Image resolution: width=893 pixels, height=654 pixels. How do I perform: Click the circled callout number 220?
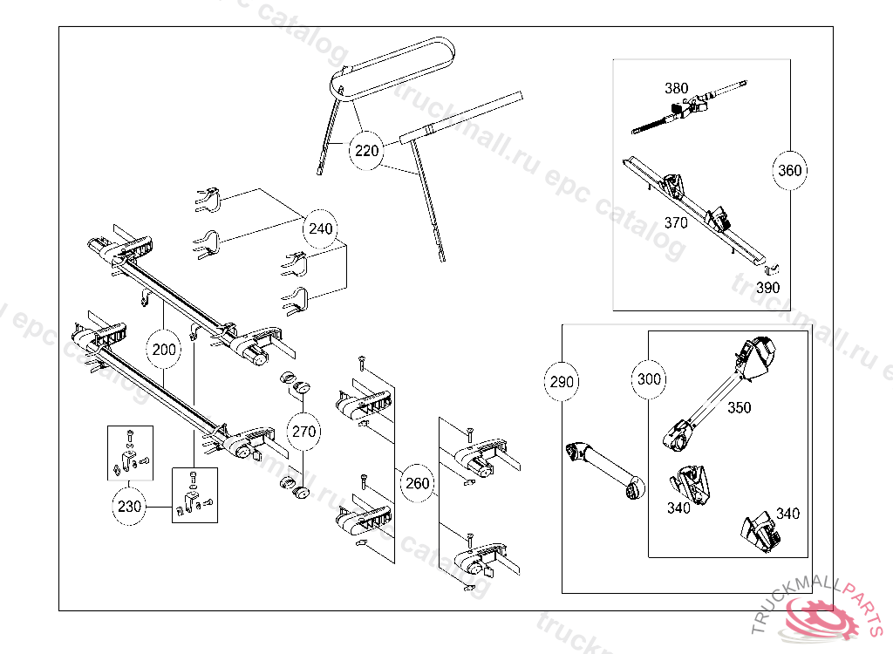point(367,151)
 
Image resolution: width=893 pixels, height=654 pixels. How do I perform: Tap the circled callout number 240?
point(321,229)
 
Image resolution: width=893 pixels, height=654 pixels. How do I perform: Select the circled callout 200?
point(164,351)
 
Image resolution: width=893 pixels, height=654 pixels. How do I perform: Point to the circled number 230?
point(129,507)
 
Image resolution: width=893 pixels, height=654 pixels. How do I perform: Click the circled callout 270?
point(303,431)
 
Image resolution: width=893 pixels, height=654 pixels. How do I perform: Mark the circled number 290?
point(562,381)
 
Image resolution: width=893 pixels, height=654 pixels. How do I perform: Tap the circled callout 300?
point(650,379)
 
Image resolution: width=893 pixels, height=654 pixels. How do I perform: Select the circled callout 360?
point(789,171)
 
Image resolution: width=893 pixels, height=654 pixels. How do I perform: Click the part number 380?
point(676,88)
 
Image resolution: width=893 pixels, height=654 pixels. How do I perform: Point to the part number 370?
point(676,222)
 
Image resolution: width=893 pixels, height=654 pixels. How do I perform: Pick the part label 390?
point(767,287)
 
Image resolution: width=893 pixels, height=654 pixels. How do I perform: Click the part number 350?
point(739,407)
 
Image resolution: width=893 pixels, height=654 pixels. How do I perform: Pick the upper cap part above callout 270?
point(297,383)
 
